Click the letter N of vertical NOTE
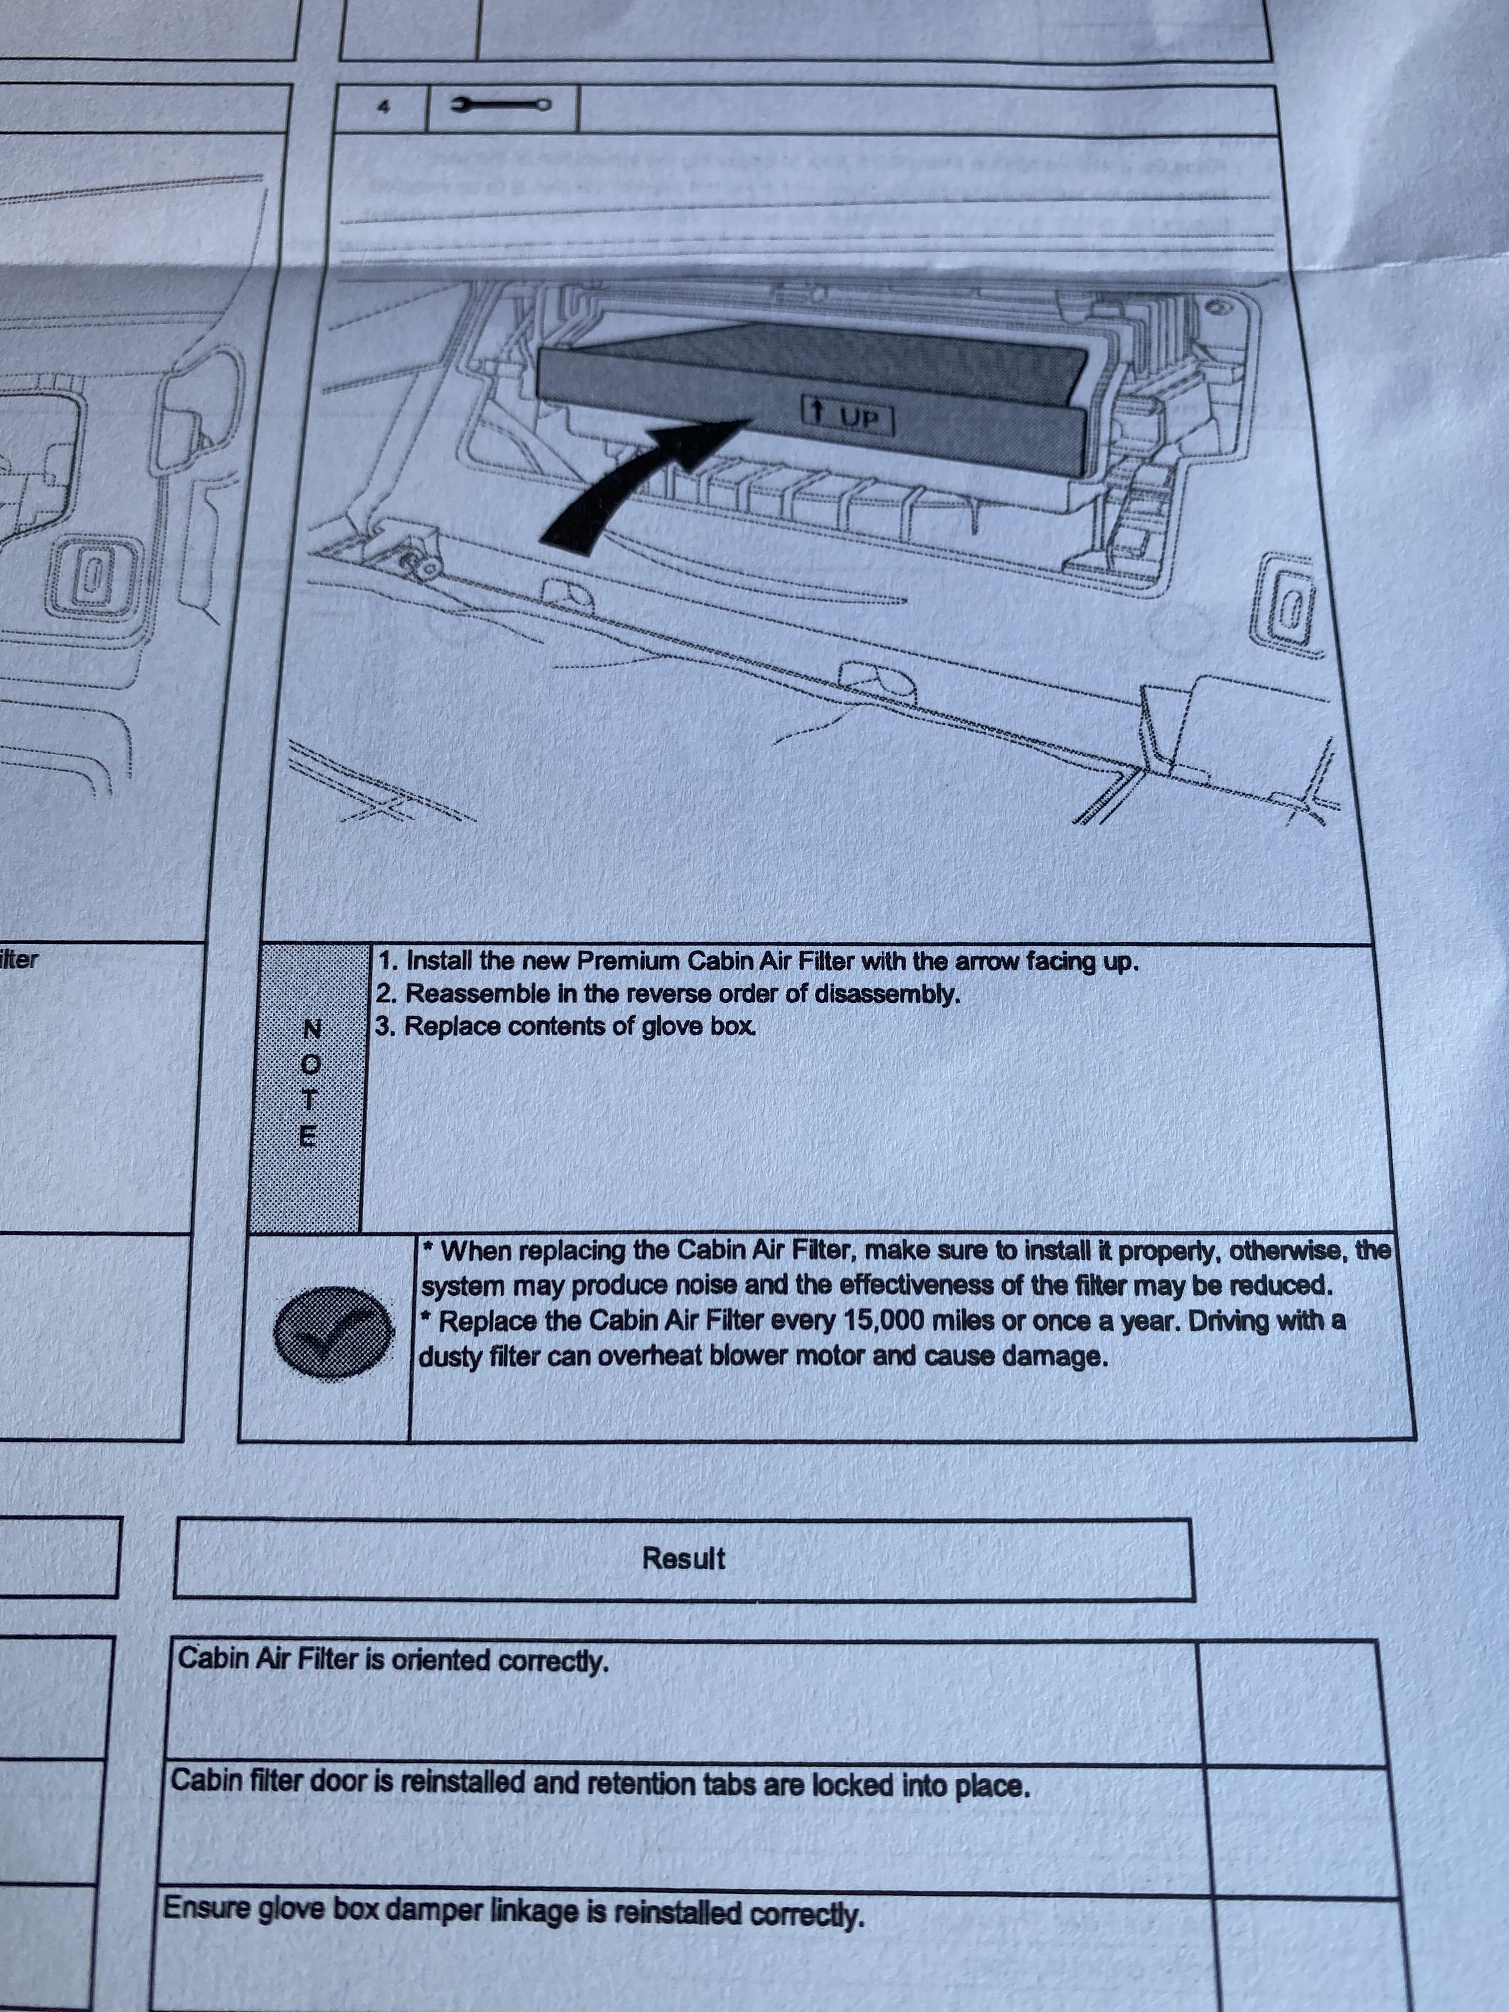click(x=312, y=1029)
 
